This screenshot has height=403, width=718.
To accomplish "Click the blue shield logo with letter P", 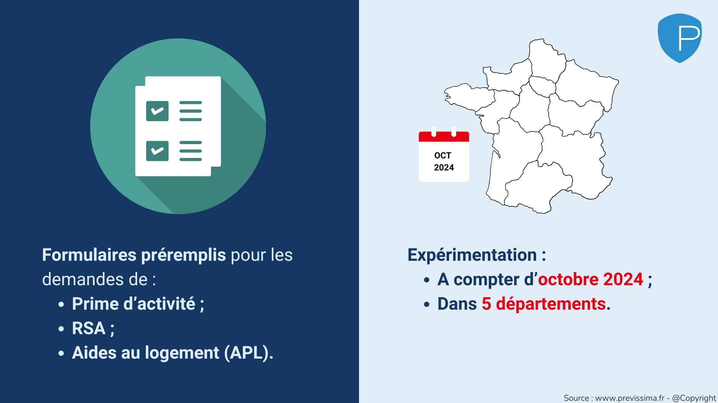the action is (x=680, y=38).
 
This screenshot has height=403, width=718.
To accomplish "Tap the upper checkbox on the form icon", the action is (x=157, y=111).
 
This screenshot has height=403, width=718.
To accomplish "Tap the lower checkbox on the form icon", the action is (x=157, y=151).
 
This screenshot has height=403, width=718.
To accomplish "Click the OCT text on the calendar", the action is (x=443, y=155).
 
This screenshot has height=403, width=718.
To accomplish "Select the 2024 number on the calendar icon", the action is (x=444, y=167).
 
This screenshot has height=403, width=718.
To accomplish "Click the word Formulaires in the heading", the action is (x=89, y=255).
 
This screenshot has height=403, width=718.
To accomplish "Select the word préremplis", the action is (x=183, y=255).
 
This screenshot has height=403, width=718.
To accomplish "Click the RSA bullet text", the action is (x=89, y=328).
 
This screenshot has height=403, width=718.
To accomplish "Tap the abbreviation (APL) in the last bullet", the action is (x=249, y=353).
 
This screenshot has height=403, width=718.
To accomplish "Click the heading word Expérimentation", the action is (x=472, y=255).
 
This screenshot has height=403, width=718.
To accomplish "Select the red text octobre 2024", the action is (x=590, y=279).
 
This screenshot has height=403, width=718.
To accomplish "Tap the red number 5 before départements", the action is (x=486, y=304).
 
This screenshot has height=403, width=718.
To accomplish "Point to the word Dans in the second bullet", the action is (x=457, y=304).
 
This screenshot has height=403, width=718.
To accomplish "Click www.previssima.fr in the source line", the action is (x=630, y=398).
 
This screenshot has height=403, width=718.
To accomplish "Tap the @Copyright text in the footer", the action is (x=694, y=398).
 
